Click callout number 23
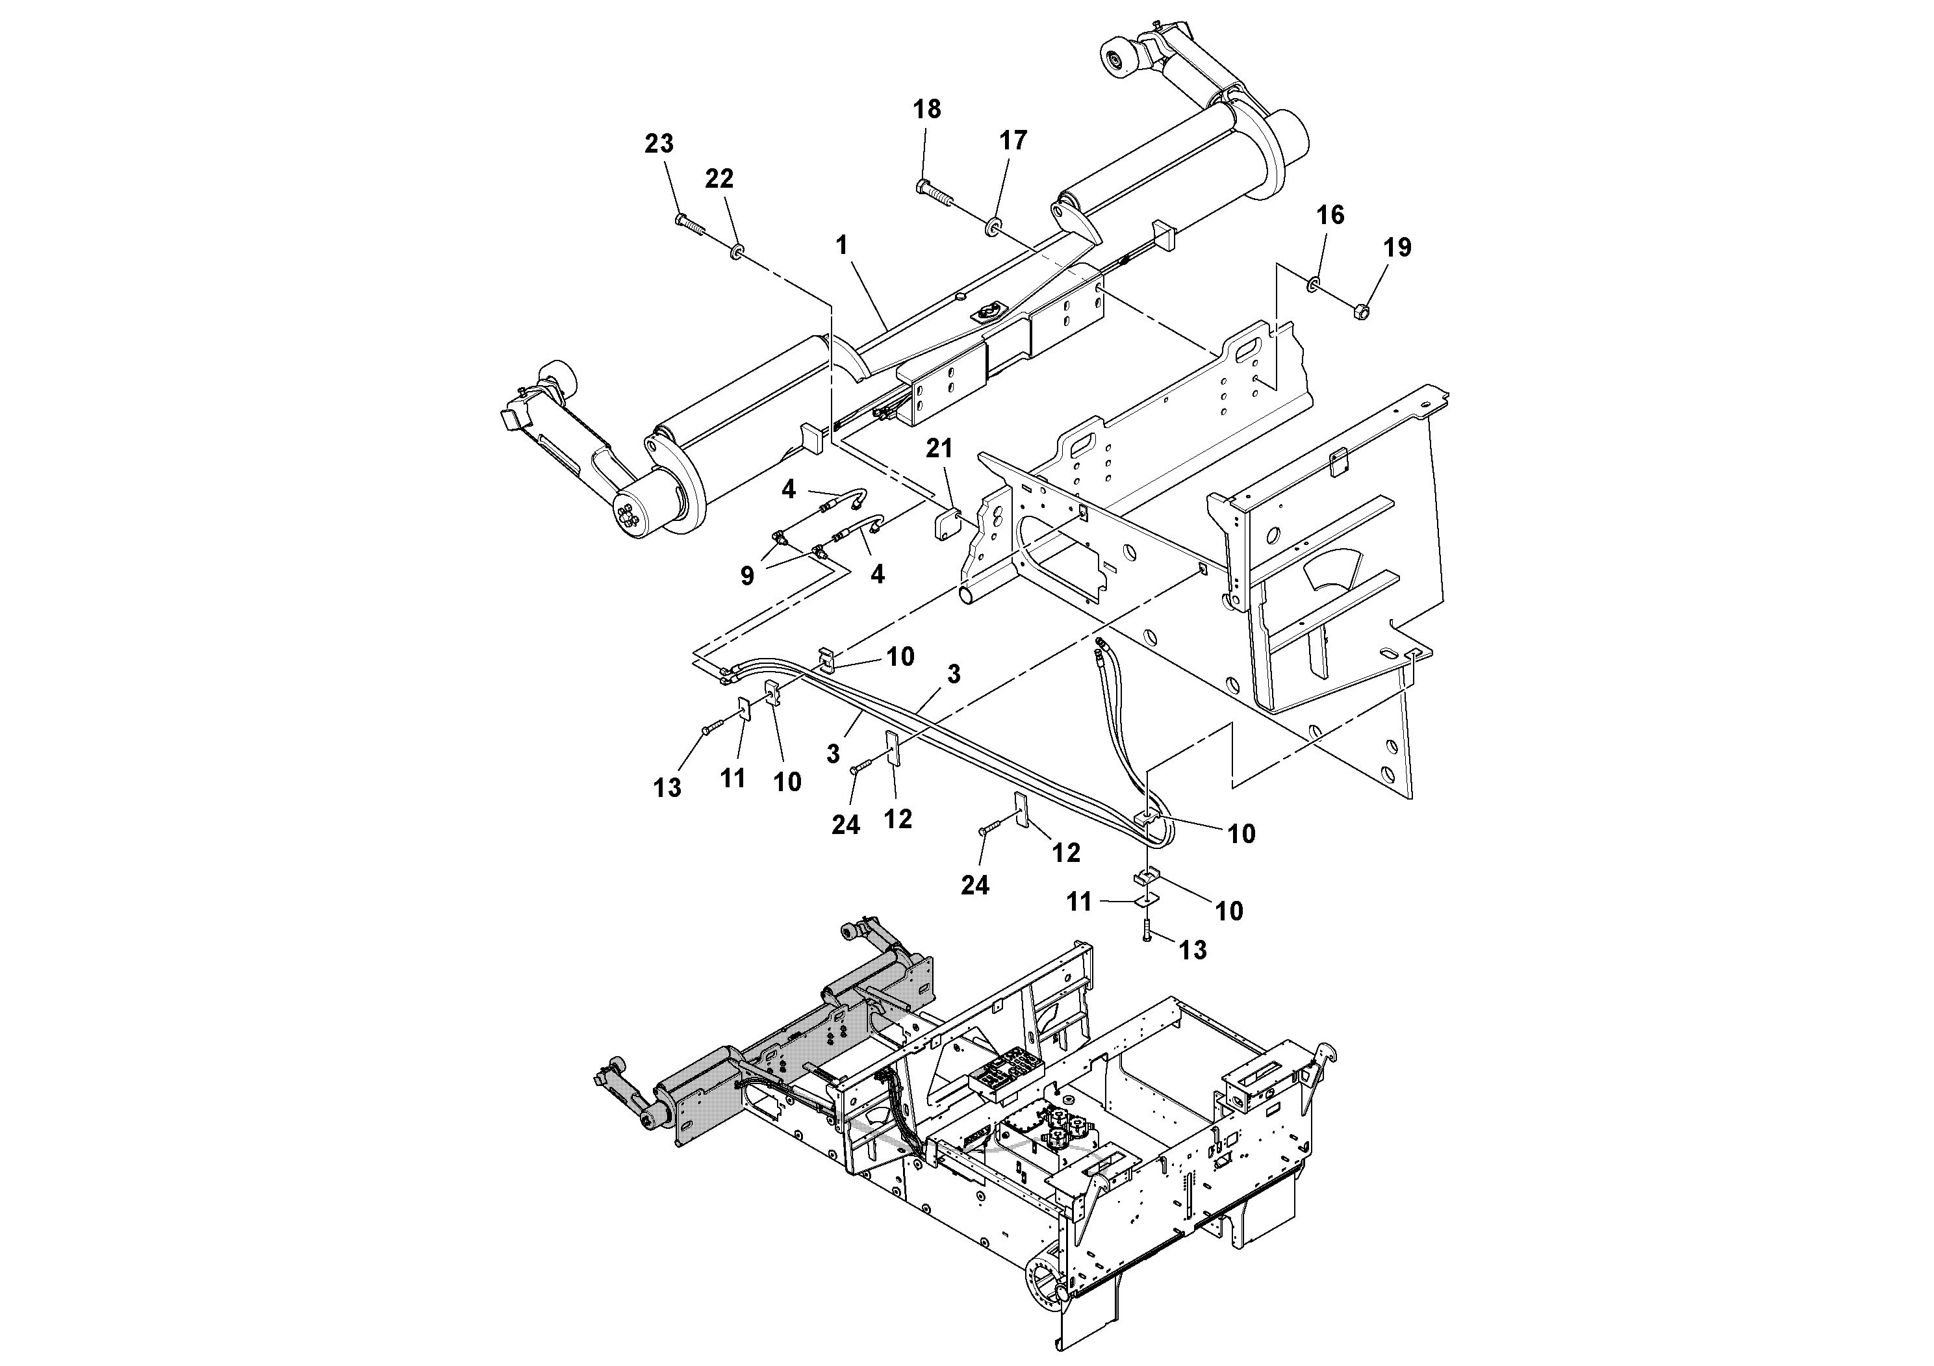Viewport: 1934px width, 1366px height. tap(659, 144)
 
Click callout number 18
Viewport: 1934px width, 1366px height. tap(926, 110)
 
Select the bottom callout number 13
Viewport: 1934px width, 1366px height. tap(1193, 950)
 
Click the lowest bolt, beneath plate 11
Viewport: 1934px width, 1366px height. tap(1147, 931)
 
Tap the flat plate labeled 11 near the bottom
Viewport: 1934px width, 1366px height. tap(1145, 900)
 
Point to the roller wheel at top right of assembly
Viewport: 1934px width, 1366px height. tap(1119, 62)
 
